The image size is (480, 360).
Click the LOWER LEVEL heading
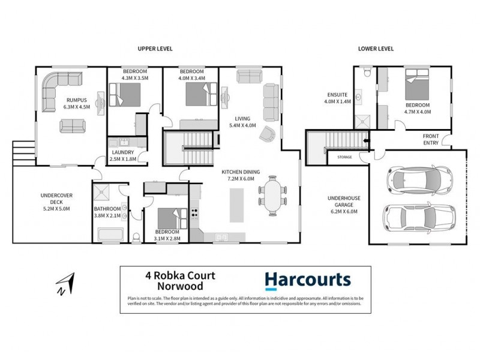point(375,49)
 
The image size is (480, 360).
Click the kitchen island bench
point(236,205)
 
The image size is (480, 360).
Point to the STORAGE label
point(344,157)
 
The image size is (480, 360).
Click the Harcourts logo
point(308,280)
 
